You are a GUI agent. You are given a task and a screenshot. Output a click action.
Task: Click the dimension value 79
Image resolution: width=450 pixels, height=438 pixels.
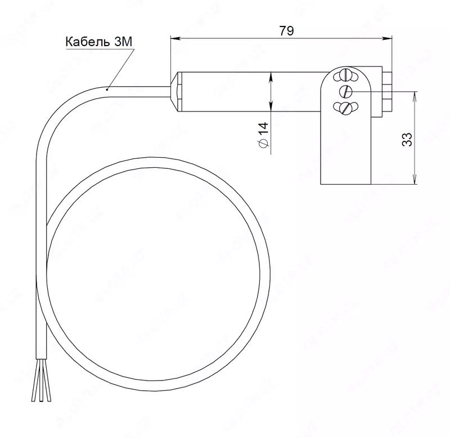(286, 30)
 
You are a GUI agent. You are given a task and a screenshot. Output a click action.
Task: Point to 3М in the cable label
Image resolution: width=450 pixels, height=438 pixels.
(122, 42)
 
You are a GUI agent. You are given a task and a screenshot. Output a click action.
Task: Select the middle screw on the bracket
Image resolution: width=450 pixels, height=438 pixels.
(346, 91)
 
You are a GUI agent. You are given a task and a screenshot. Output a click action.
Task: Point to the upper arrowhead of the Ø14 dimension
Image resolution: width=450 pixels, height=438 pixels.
(271, 75)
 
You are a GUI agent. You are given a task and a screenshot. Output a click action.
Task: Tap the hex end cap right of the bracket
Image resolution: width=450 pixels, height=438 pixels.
(388, 92)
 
